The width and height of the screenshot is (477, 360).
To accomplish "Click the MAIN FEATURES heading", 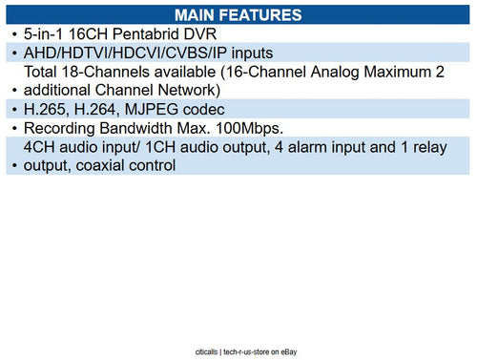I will (238, 14).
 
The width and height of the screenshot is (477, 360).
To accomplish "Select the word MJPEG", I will (149, 108).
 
